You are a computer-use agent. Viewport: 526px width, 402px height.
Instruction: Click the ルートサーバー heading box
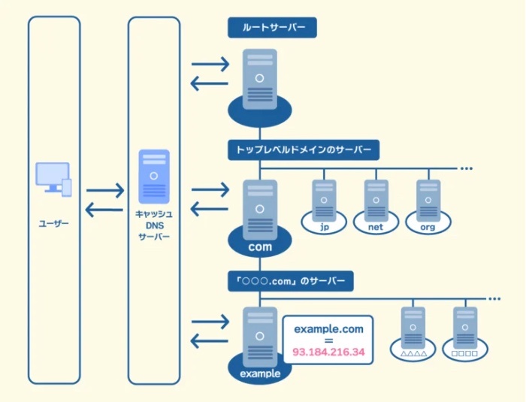click(x=272, y=28)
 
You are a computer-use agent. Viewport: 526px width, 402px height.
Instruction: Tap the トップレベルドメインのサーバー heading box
click(x=304, y=150)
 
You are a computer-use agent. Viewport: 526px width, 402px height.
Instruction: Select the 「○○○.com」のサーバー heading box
click(x=291, y=281)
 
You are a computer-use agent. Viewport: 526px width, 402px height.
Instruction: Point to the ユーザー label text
click(x=53, y=223)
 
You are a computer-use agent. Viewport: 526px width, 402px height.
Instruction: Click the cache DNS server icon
click(x=154, y=177)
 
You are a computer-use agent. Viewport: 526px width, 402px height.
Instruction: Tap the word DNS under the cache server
click(x=154, y=225)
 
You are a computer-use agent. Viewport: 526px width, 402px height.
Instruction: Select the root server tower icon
click(x=260, y=79)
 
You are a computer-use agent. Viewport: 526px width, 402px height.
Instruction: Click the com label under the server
click(x=260, y=247)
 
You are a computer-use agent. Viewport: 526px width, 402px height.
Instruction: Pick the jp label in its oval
click(x=324, y=227)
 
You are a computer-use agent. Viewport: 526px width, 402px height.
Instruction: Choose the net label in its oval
click(x=376, y=227)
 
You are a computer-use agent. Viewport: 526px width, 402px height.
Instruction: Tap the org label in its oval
click(x=428, y=227)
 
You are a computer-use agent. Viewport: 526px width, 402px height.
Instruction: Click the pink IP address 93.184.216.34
click(x=328, y=352)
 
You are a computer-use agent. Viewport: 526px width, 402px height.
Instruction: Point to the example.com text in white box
click(x=329, y=329)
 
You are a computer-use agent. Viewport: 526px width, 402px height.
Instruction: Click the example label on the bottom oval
click(x=260, y=373)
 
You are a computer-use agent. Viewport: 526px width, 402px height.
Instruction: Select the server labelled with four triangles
click(x=413, y=328)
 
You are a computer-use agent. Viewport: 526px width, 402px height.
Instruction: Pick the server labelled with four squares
click(x=465, y=328)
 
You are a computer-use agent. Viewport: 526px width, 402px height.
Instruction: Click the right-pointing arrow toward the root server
click(x=210, y=64)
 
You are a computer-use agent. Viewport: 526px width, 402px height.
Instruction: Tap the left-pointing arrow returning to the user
click(x=104, y=210)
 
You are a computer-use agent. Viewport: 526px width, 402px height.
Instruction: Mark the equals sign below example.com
click(x=329, y=340)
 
